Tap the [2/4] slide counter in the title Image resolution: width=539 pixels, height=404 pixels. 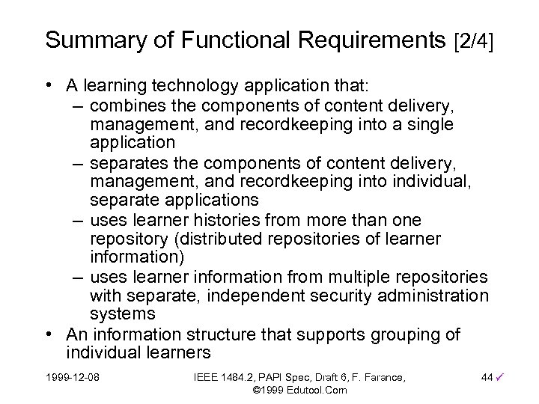pos(475,40)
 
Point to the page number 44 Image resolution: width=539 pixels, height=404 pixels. pos(487,375)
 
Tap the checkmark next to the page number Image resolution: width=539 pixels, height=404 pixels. pos(500,374)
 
